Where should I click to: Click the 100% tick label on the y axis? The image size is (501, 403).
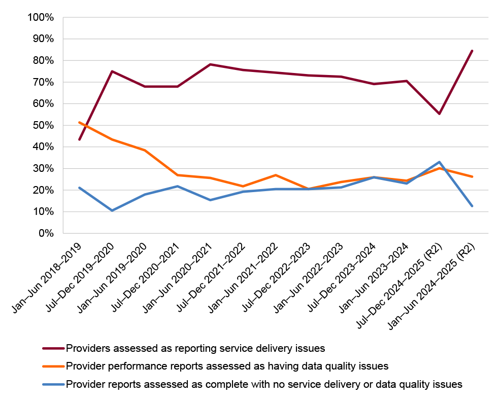41,18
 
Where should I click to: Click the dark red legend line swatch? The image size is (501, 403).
53,348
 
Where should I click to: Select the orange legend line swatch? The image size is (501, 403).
53,366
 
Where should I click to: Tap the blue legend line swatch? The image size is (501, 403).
53,384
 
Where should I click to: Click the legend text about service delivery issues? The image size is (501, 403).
195,348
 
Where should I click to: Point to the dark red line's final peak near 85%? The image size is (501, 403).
472,51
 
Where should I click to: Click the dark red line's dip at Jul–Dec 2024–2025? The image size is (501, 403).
440,114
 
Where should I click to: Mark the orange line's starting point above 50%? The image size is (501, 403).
79,122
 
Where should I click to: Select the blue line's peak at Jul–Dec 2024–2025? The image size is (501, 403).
440,162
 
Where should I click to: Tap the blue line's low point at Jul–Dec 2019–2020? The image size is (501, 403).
112,210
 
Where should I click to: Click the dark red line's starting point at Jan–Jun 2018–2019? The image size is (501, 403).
79,139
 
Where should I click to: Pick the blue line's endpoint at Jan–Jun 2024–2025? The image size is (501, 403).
472,206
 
